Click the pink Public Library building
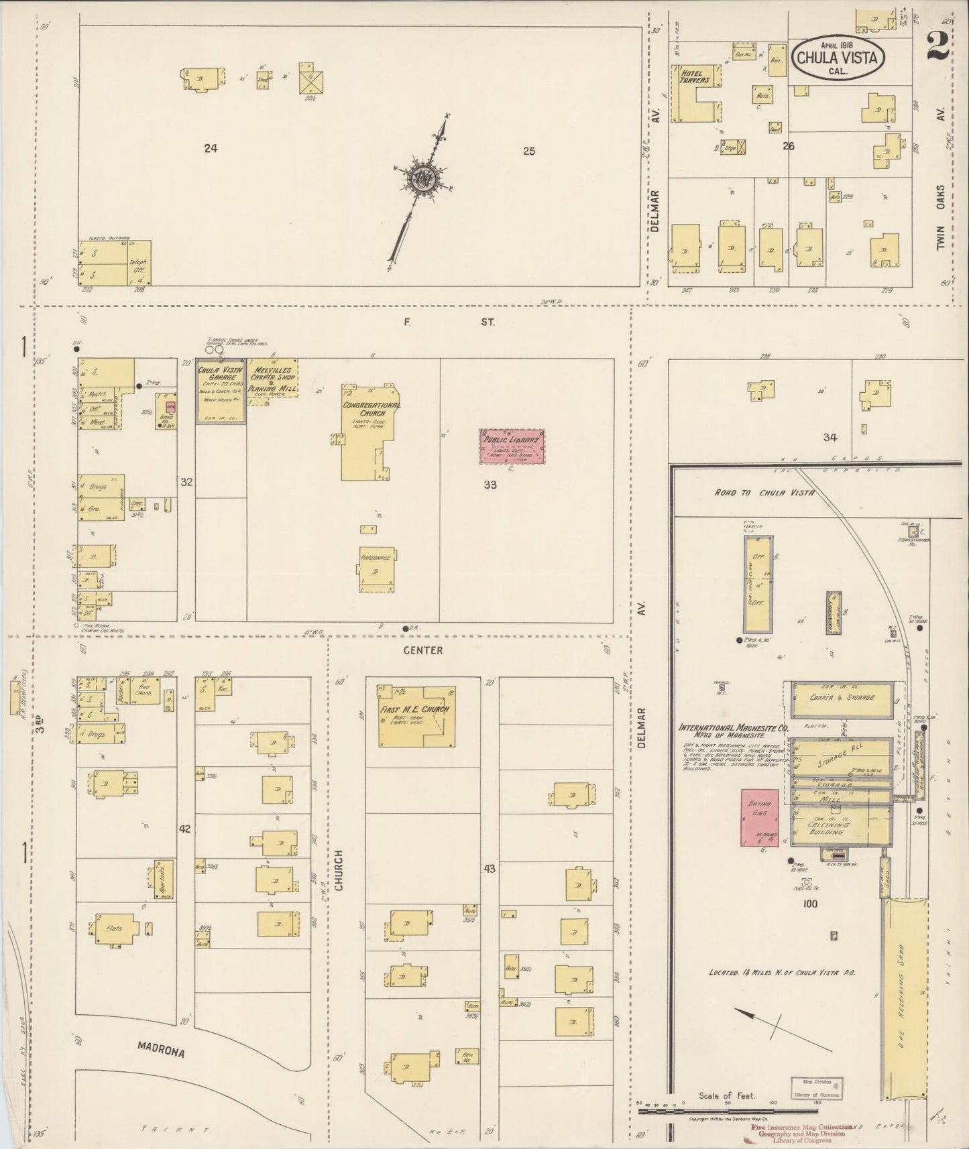512,446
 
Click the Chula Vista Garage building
221,391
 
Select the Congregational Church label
372,409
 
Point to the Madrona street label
161,1049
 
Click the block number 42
185,829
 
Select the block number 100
810,904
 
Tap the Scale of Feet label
726,1095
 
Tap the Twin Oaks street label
941,218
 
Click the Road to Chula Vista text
764,492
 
